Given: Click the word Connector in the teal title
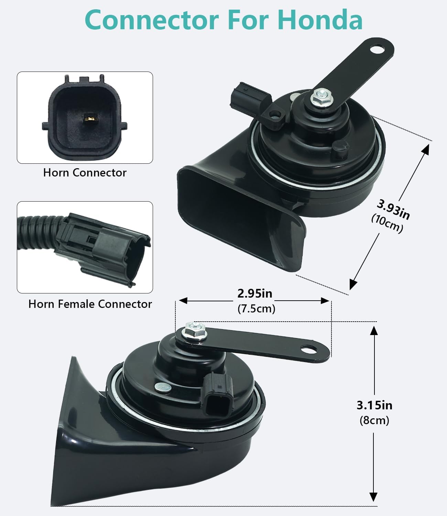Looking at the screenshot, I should [x=152, y=20].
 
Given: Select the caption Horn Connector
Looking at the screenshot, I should [x=85, y=172].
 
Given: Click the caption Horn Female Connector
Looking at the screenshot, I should [x=90, y=304].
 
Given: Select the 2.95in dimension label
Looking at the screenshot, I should [x=255, y=293].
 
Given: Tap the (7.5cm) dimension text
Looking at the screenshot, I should [x=256, y=309].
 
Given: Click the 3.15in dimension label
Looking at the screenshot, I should [x=374, y=405].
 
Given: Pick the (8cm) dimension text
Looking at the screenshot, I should [x=374, y=420].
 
